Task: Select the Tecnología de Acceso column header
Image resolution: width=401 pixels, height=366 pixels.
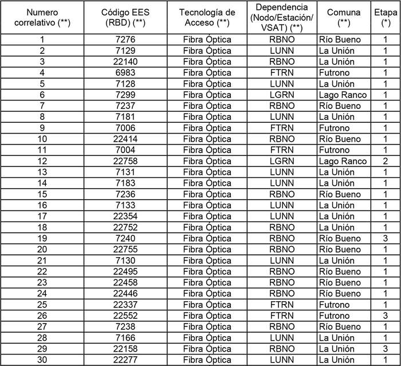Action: tap(207, 18)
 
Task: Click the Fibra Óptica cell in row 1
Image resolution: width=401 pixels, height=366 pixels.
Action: tap(207, 40)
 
